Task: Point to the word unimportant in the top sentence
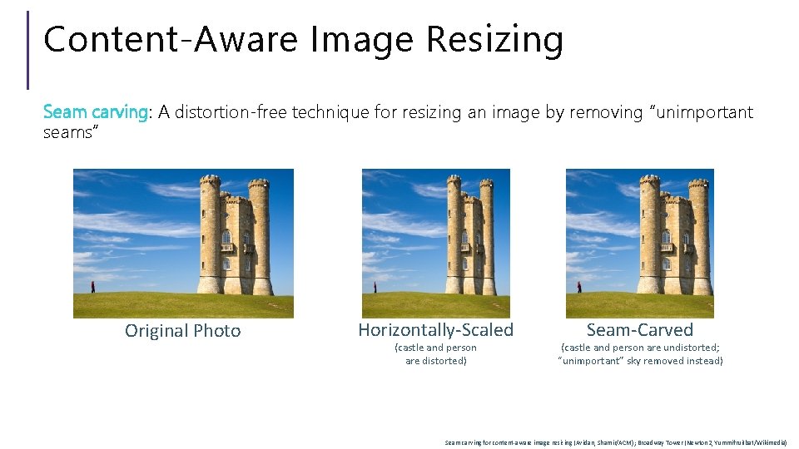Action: (701, 112)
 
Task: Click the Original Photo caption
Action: (182, 331)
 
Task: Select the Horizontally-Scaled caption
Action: (435, 330)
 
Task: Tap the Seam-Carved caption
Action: (639, 330)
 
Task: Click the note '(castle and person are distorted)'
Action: (435, 354)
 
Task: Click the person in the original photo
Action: (92, 286)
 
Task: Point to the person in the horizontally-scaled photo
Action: (375, 287)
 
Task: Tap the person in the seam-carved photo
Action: (578, 287)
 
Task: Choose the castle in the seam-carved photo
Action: (675, 237)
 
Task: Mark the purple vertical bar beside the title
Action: (28, 50)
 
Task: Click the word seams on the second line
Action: (69, 132)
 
